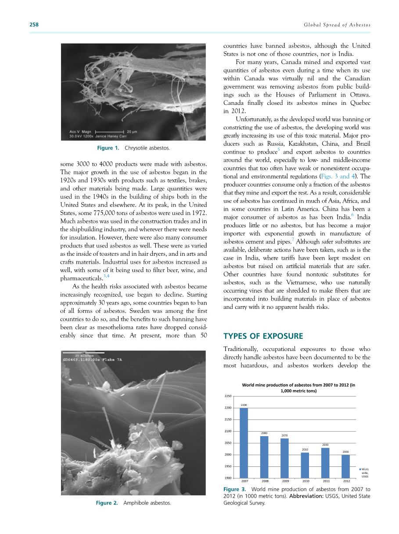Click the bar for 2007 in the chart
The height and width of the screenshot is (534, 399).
(244, 443)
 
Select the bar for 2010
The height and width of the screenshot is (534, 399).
(305, 465)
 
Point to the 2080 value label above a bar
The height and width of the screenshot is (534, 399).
(264, 433)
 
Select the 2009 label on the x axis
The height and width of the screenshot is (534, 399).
(285, 481)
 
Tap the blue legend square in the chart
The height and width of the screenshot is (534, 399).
(360, 469)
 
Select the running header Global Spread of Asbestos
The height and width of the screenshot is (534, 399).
(337, 25)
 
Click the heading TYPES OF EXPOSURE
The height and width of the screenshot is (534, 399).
(257, 336)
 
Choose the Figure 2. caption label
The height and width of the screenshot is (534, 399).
(107, 503)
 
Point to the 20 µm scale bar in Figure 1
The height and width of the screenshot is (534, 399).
(110, 131)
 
